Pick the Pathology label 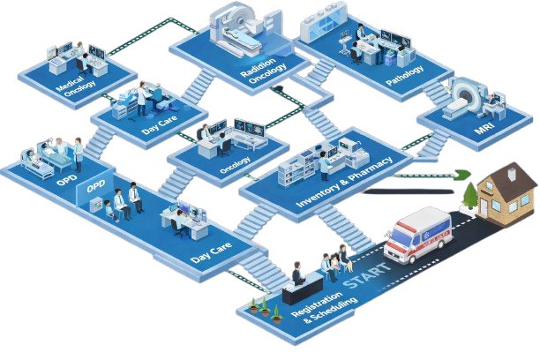click(405, 74)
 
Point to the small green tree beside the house click(470, 195)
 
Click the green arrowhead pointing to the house click(464, 175)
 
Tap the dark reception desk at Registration click(303, 287)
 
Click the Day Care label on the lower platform click(211, 251)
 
